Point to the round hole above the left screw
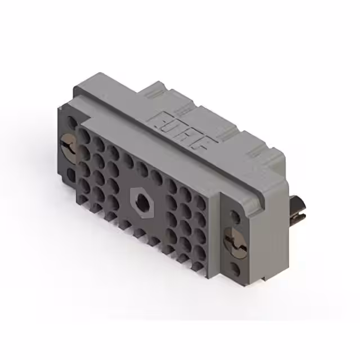pos(71,122)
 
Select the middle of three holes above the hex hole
pos(143,170)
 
